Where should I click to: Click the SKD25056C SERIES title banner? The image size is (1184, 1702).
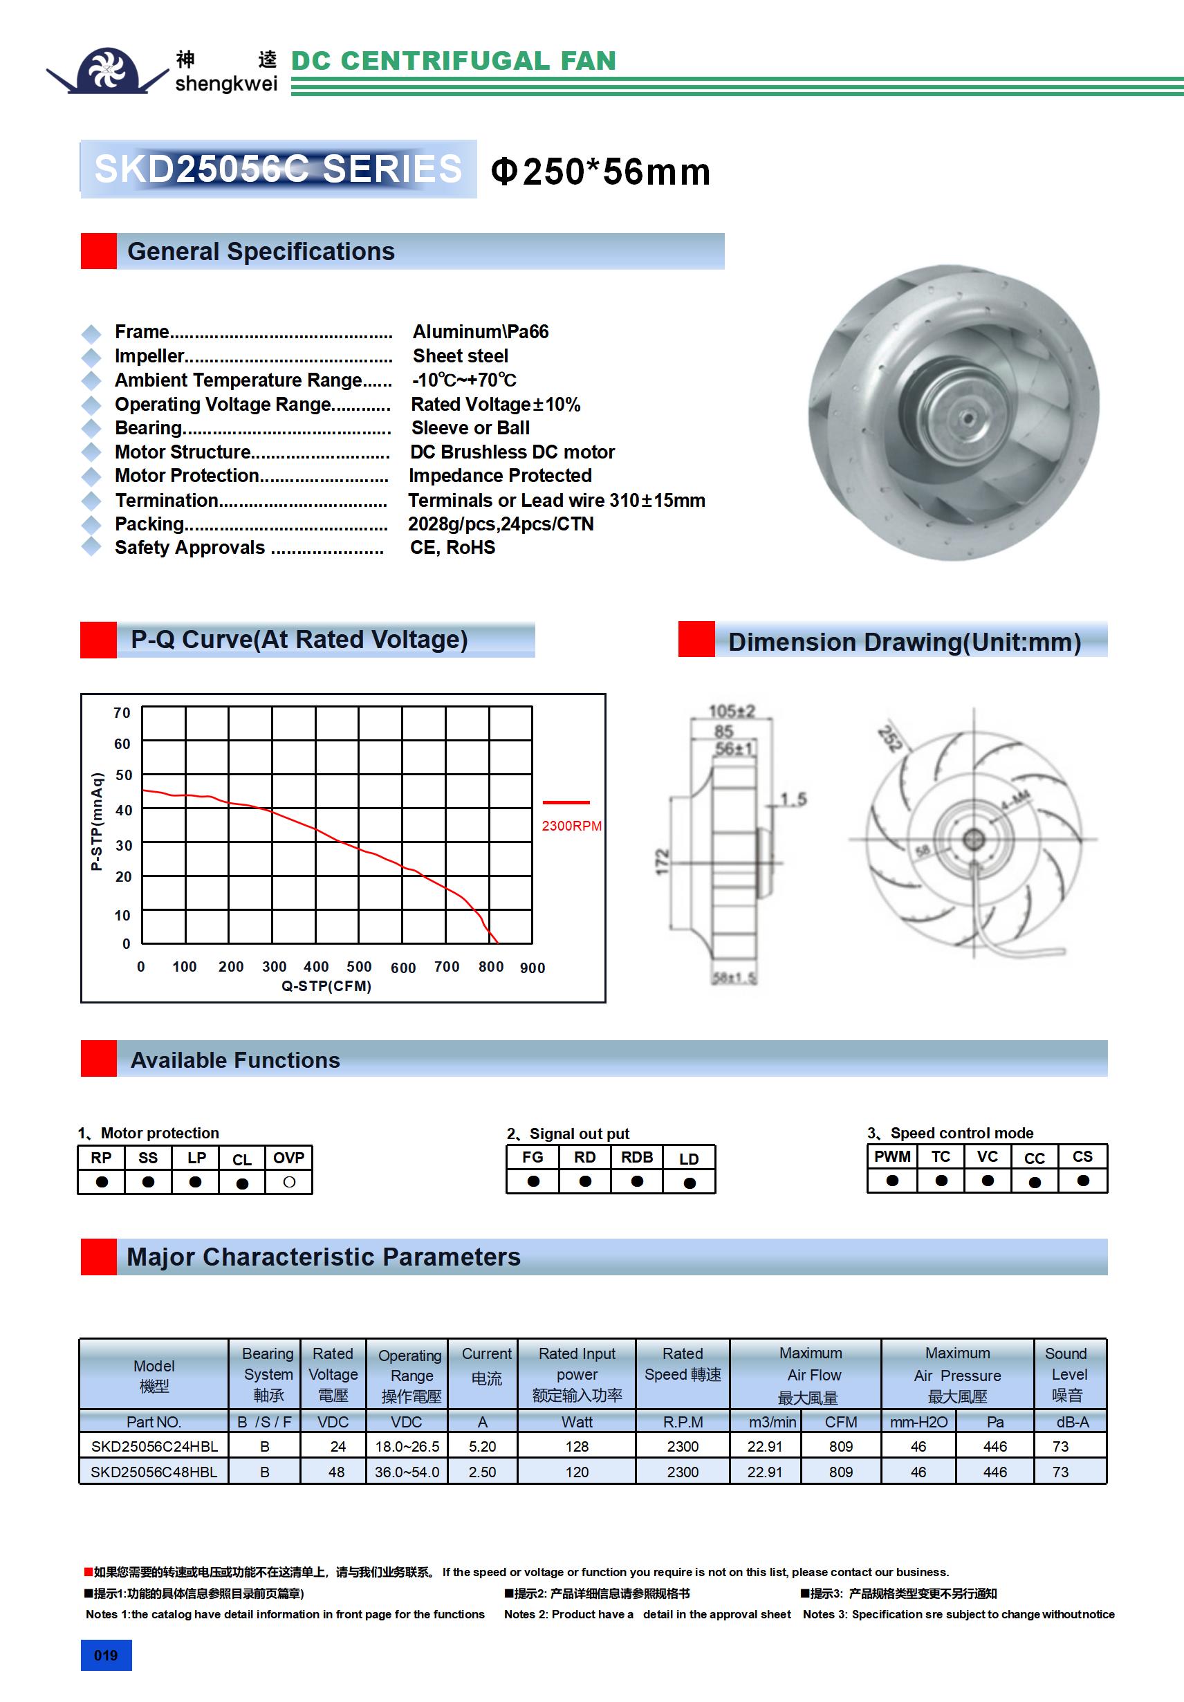pyautogui.click(x=278, y=169)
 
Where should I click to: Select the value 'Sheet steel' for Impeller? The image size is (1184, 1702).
pyautogui.click(x=461, y=355)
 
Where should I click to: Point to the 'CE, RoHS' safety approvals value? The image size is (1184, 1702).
pyautogui.click(x=452, y=548)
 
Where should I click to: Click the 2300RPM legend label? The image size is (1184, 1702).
pyautogui.click(x=571, y=826)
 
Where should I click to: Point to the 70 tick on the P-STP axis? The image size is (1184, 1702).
pyautogui.click(x=122, y=713)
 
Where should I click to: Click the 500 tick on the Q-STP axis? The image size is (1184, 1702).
pyautogui.click(x=359, y=967)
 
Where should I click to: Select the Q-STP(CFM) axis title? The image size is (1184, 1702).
pyautogui.click(x=326, y=986)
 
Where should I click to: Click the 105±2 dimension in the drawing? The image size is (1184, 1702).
pyautogui.click(x=731, y=712)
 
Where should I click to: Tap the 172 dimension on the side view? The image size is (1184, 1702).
pyautogui.click(x=662, y=862)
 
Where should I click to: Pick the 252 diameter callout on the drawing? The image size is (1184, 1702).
pyautogui.click(x=889, y=739)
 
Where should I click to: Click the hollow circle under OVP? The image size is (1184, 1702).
pyautogui.click(x=289, y=1183)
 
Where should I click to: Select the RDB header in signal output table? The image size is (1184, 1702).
pyautogui.click(x=637, y=1158)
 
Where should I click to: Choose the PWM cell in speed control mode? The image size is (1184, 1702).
pyautogui.click(x=892, y=1157)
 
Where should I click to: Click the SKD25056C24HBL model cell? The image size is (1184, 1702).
pyautogui.click(x=154, y=1446)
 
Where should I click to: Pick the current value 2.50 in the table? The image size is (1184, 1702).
pyautogui.click(x=482, y=1472)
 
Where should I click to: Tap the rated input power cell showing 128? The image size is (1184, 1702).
pyautogui.click(x=577, y=1446)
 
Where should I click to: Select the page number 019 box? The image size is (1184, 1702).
pyautogui.click(x=106, y=1655)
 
